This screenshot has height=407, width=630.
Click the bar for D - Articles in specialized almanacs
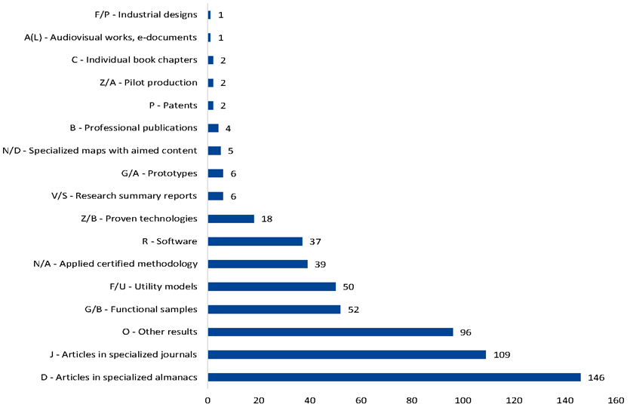(x=394, y=377)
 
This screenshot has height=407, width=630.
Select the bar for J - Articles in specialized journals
(x=346, y=354)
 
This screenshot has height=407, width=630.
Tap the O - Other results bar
(x=330, y=332)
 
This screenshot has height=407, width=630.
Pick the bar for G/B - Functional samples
(x=274, y=309)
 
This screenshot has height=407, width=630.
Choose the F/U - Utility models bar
(x=272, y=286)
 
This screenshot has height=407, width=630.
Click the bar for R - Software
(x=255, y=241)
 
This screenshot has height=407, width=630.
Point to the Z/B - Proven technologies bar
(x=231, y=219)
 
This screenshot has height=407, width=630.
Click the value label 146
(x=596, y=377)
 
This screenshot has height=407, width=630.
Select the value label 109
(x=502, y=354)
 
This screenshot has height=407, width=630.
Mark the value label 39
(x=321, y=264)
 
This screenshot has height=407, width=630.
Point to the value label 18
(x=265, y=219)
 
